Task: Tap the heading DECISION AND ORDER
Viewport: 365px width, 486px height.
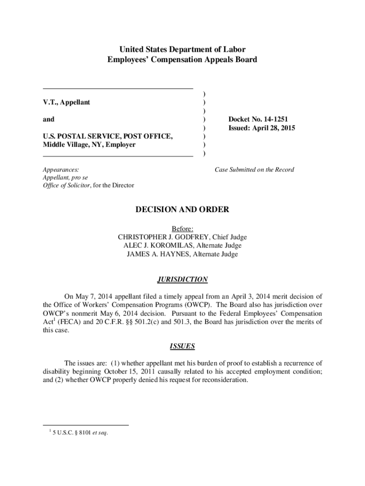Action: [x=182, y=209]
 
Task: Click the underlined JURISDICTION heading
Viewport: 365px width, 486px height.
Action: [x=182, y=280]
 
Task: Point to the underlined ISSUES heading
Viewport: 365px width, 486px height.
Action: [x=182, y=346]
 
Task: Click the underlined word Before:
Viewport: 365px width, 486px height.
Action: [x=182, y=228]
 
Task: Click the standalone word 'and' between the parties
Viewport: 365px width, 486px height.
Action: [x=48, y=119]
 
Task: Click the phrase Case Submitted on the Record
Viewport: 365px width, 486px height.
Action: [x=254, y=169]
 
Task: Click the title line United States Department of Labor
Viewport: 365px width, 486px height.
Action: [x=182, y=49]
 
